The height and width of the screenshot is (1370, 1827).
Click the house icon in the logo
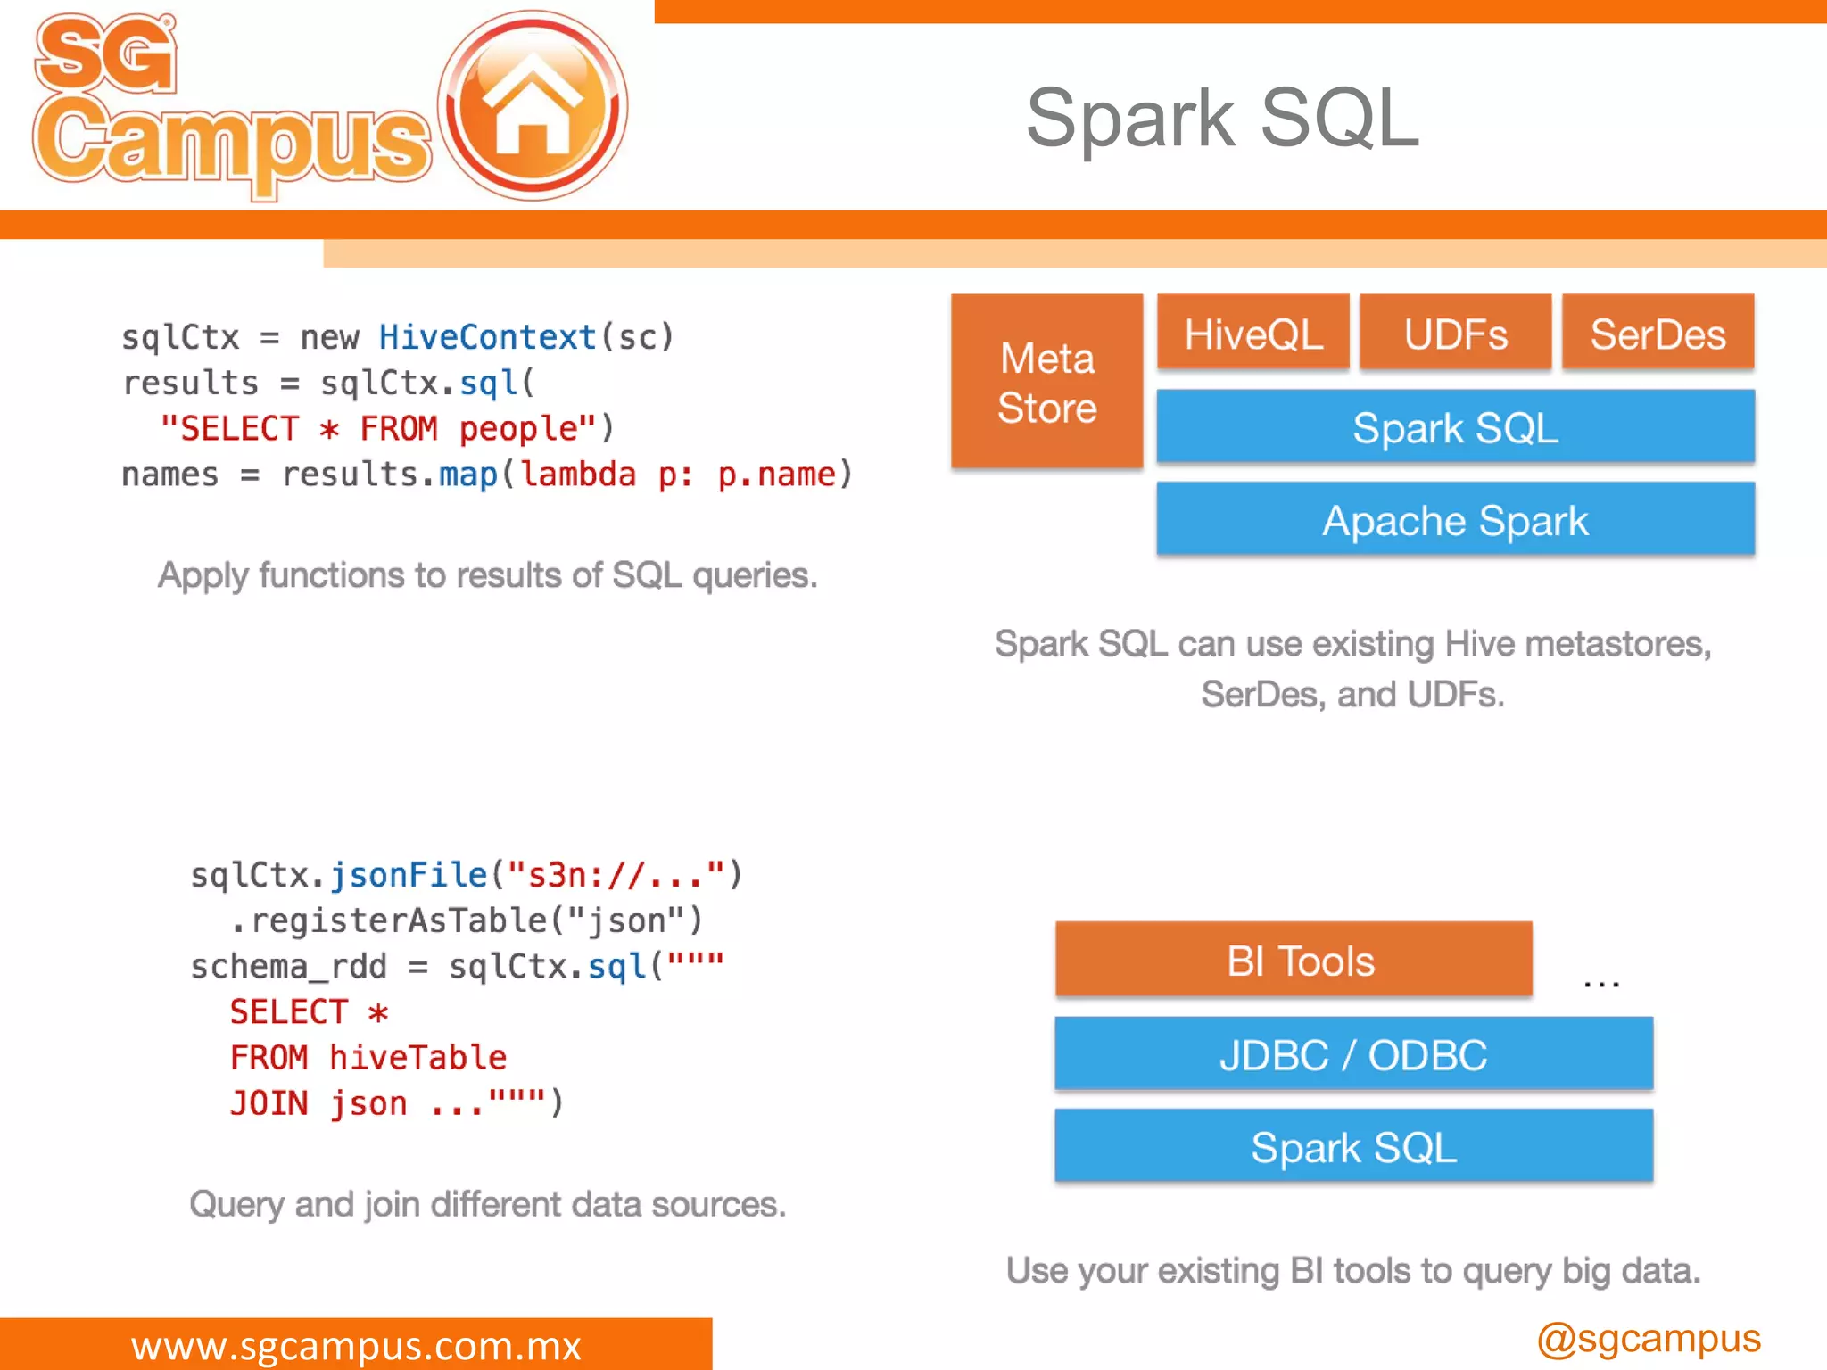[533, 105]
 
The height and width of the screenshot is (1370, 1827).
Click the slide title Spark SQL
[1222, 118]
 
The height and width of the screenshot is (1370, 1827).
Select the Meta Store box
[1046, 382]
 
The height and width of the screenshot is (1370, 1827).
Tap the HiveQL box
[1252, 334]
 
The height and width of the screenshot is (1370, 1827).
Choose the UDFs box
[1455, 334]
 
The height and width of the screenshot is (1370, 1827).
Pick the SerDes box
[1658, 334]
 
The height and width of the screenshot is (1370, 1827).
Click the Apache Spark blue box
[1455, 520]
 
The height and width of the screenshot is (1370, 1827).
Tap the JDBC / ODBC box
[1353, 1054]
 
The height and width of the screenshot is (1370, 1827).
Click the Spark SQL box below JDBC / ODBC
[1353, 1147]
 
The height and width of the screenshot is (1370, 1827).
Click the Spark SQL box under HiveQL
[1455, 427]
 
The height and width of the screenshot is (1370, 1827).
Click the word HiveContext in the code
[487, 337]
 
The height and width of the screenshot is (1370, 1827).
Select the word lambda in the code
[578, 475]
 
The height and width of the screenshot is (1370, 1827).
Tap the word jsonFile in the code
[409, 875]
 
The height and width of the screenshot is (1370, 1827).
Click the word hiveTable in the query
[417, 1058]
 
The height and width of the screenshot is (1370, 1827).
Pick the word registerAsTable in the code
[399, 920]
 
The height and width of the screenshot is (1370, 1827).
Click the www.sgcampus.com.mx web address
[356, 1345]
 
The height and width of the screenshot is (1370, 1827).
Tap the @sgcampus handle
[1649, 1339]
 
